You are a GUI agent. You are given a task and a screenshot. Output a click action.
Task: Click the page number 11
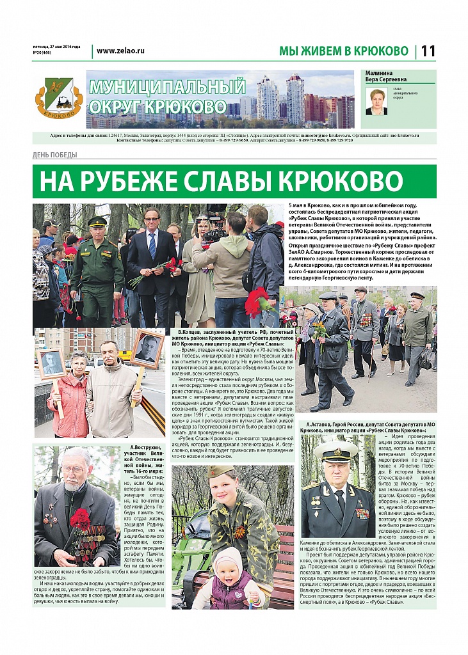click(x=428, y=51)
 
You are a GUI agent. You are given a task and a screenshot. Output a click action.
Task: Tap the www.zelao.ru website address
click(x=121, y=51)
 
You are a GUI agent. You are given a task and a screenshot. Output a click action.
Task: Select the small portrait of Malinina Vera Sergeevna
click(x=376, y=101)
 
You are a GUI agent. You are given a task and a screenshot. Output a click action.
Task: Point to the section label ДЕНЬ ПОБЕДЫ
click(x=55, y=155)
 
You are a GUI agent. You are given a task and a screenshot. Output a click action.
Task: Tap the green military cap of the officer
click(x=98, y=221)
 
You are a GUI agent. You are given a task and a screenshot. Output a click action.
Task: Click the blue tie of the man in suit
click(x=152, y=244)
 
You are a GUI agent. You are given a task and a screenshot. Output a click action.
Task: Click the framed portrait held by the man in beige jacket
click(x=147, y=349)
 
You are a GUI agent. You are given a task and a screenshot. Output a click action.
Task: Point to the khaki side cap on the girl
click(x=222, y=471)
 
